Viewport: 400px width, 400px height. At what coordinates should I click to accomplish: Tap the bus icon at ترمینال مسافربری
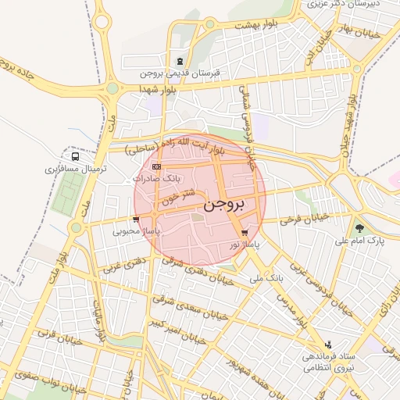click(x=75, y=154)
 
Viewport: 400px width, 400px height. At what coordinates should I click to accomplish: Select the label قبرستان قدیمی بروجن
click(x=180, y=73)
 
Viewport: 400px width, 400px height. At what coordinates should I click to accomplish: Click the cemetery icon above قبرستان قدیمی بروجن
click(x=180, y=61)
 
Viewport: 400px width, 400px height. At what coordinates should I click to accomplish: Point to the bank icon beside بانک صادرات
click(x=157, y=166)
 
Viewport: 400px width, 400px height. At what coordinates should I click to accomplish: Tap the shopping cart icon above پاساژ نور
click(x=245, y=233)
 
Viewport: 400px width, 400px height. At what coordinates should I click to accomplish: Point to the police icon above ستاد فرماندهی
click(x=328, y=344)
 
